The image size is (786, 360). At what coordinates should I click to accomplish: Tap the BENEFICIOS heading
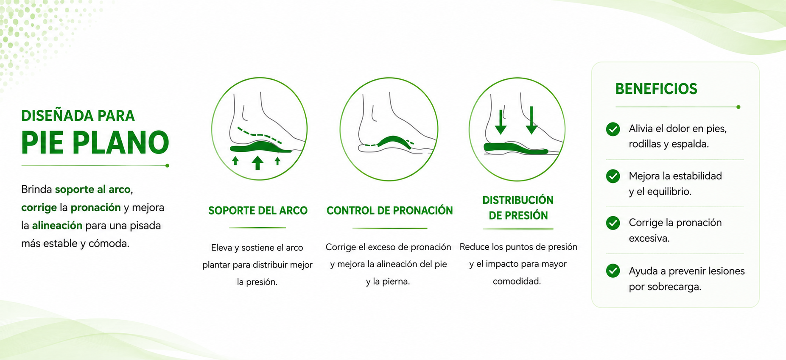tap(656, 89)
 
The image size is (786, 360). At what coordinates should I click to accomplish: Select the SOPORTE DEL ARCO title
tap(258, 210)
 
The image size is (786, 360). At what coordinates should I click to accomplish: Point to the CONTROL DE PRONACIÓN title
tap(390, 210)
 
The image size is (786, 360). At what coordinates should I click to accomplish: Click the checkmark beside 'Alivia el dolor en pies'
tap(613, 129)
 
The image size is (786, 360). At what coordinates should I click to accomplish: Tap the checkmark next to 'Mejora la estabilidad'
tap(613, 176)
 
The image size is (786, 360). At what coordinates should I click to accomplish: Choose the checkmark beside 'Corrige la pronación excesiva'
tap(613, 223)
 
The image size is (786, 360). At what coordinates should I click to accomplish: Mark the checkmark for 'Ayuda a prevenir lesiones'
tap(613, 271)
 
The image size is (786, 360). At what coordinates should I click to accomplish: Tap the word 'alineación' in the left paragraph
tap(57, 225)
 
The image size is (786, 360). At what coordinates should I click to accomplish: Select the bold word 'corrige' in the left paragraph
tap(39, 207)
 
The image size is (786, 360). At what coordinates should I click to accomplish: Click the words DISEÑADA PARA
tap(78, 115)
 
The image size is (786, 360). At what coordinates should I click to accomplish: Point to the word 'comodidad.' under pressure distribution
tap(517, 281)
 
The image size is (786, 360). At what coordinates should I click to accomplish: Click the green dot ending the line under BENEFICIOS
tap(738, 107)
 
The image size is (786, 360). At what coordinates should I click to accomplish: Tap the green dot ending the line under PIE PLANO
tap(167, 165)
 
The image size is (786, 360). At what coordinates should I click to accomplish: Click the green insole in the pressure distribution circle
tap(516, 148)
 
